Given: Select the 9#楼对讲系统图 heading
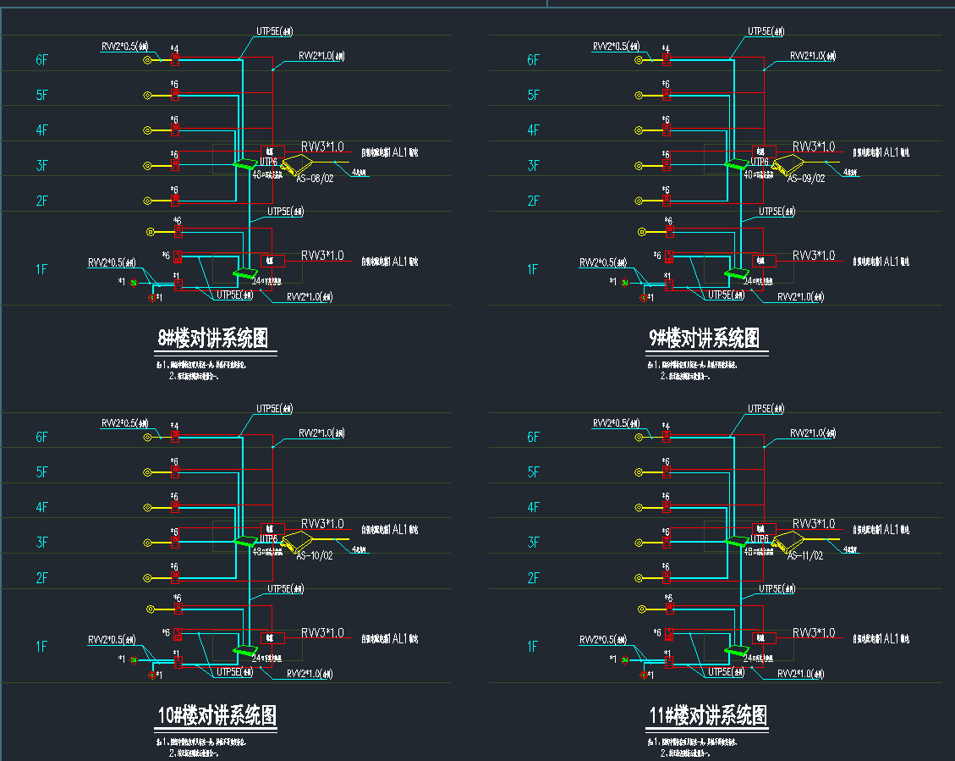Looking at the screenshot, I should coord(704,339).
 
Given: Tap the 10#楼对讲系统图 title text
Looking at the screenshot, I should coord(217,716).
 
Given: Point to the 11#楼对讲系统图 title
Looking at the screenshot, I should coord(708,716).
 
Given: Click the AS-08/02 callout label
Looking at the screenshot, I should coord(315,179).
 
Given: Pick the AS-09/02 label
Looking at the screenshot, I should coord(805,179).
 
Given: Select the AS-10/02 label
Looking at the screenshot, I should coord(315,556).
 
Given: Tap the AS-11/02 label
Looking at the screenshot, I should coord(805,556).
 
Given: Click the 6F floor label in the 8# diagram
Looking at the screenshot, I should coord(42,60).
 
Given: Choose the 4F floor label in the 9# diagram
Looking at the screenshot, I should coord(533,130).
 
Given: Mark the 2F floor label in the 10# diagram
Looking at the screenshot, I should coord(42,578).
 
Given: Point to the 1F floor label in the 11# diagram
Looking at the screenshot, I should coord(533,647).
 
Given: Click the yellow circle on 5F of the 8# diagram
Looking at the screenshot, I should coord(147,95).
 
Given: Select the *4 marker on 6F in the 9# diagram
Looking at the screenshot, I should coord(667,48).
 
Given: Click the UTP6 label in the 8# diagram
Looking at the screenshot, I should coord(268,161).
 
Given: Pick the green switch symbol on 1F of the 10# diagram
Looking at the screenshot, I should coord(244,650).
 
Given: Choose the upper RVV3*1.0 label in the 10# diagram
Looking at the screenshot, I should coord(322,524).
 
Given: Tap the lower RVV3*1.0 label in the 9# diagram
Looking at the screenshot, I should coord(814,255).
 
